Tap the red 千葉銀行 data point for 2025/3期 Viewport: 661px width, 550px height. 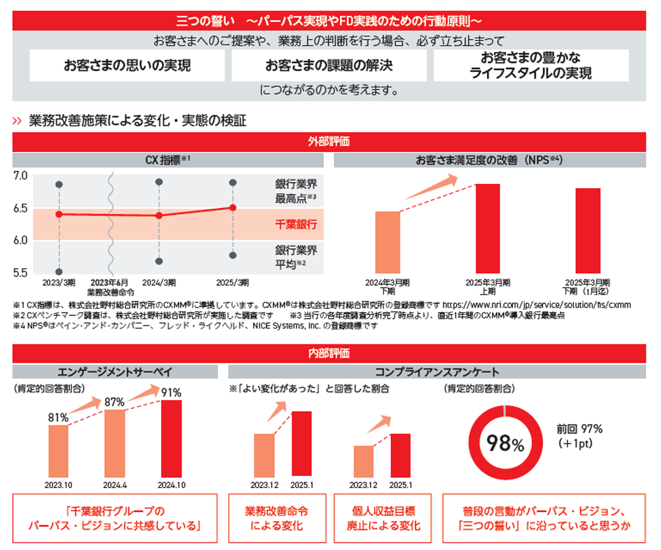tap(233, 207)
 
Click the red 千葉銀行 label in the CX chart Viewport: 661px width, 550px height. tap(296, 225)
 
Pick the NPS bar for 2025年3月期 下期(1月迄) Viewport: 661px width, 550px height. tap(588, 230)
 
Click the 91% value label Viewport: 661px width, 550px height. tap(171, 393)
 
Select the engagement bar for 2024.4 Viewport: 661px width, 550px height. tap(115, 444)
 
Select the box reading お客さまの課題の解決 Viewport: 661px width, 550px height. tap(329, 66)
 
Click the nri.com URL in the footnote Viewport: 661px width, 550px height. tap(537, 305)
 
